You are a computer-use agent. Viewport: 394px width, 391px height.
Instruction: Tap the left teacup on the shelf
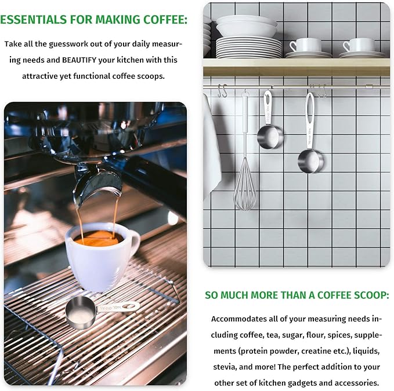[x=305, y=46]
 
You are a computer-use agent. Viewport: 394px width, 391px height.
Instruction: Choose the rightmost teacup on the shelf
[x=358, y=46]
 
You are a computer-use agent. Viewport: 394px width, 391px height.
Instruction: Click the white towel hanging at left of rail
[x=211, y=145]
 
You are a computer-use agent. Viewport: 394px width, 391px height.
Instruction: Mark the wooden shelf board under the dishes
[x=296, y=67]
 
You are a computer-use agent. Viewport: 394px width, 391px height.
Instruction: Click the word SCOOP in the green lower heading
[x=360, y=295]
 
